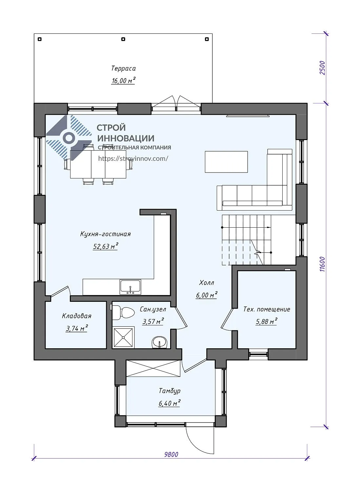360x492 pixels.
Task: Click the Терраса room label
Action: coord(123,68)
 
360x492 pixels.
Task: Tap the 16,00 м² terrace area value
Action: coord(123,80)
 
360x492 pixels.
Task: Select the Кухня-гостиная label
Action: coord(105,234)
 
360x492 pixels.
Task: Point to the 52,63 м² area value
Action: coord(105,246)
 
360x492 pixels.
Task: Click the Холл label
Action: coord(207,283)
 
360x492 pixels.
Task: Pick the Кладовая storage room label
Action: coord(77,316)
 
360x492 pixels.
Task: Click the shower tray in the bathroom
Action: coord(123,337)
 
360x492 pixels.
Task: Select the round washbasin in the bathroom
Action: coord(160,342)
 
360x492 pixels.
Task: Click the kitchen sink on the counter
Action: coord(130,287)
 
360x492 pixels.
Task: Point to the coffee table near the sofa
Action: coord(226,162)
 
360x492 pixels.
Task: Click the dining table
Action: coord(98,164)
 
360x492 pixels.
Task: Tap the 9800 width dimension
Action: coord(171,454)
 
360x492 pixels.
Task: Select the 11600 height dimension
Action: coord(322,264)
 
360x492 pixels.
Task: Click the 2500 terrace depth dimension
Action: coord(322,68)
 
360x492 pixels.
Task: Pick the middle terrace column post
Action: coord(123,39)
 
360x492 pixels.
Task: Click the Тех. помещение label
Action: coord(267,309)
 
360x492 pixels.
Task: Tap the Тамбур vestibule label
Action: coord(170,391)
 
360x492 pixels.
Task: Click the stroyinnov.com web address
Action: coord(133,158)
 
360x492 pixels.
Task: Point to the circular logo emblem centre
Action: coord(69,138)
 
